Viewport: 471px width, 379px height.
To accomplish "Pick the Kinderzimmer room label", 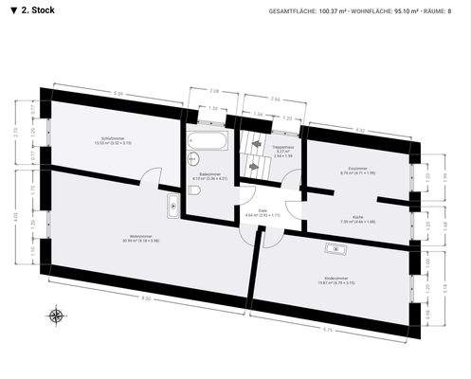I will coord(338,280).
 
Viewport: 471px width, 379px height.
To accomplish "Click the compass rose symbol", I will coord(57,316).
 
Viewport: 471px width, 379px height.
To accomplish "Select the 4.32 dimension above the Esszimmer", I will coord(360,129).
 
